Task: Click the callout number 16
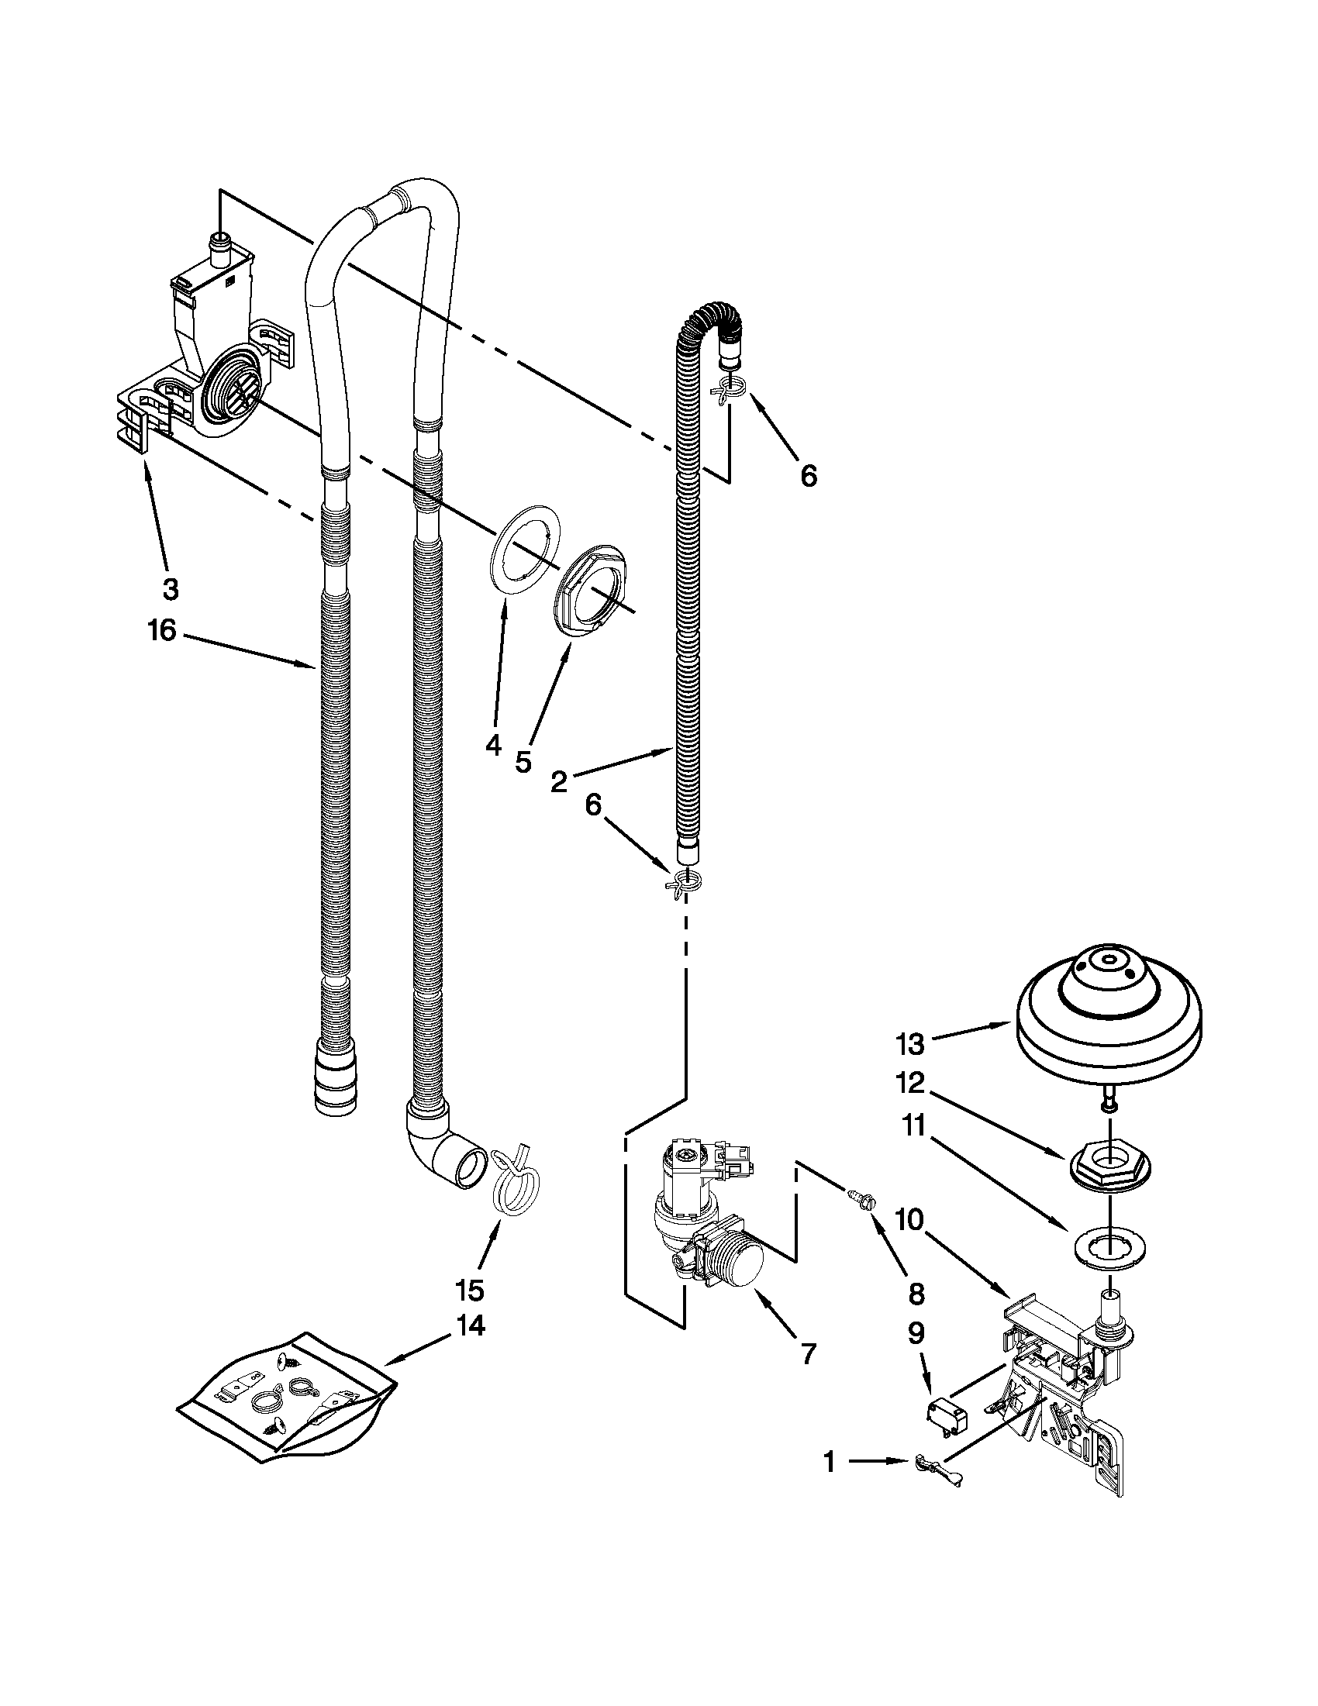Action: pyautogui.click(x=163, y=630)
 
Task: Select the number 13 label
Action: pyautogui.click(x=910, y=1043)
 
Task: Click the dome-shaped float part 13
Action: pyautogui.click(x=1109, y=1012)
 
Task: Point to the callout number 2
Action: pyautogui.click(x=558, y=781)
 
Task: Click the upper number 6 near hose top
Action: pyautogui.click(x=809, y=474)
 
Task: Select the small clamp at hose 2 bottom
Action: pyautogui.click(x=683, y=882)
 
